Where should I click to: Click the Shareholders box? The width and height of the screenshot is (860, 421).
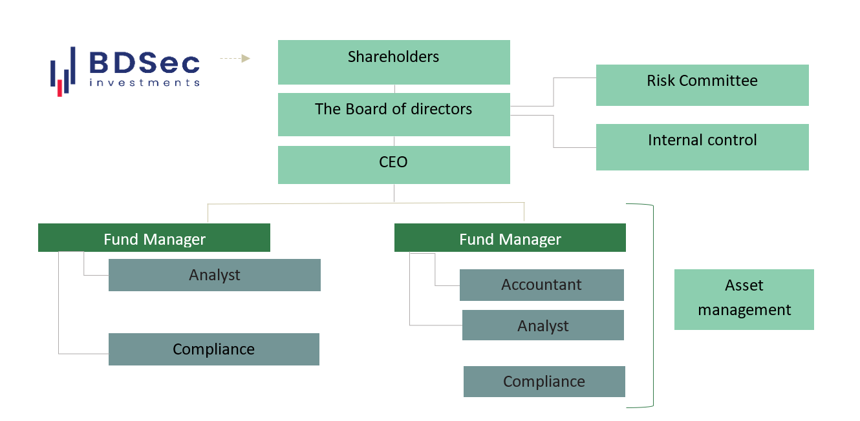click(x=394, y=62)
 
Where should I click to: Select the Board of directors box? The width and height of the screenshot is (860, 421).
click(x=394, y=114)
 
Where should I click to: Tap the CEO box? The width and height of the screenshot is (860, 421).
click(x=394, y=165)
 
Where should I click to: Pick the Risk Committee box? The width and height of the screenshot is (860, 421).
click(x=702, y=85)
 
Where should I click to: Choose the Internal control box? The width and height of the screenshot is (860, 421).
click(x=702, y=147)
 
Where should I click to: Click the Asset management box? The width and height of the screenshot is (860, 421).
click(x=744, y=299)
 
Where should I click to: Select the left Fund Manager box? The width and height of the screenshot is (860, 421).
click(x=154, y=238)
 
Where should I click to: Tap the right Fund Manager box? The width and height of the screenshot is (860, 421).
click(x=510, y=238)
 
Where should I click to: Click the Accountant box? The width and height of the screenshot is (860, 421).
click(x=541, y=285)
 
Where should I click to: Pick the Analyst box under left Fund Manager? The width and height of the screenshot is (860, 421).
click(x=214, y=275)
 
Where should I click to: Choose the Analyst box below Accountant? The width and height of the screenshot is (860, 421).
click(x=543, y=325)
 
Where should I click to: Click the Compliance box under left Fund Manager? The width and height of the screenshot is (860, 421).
click(x=213, y=349)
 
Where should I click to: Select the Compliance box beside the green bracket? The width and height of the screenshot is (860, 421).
click(x=544, y=382)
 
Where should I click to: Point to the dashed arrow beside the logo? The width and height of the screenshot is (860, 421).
click(x=235, y=59)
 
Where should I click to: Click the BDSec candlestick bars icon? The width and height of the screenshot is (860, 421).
click(x=63, y=71)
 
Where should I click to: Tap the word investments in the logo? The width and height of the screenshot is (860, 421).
click(x=144, y=83)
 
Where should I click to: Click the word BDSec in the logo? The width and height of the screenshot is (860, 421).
click(x=144, y=63)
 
